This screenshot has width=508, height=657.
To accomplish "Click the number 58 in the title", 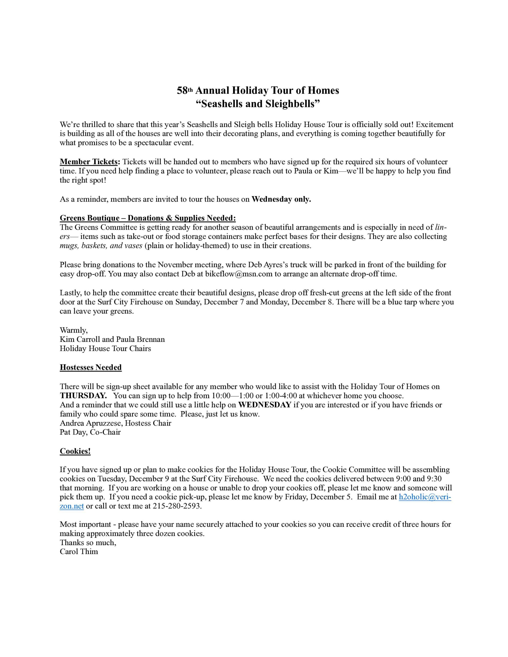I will tap(182, 91).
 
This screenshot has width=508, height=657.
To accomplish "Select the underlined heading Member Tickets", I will tap(89, 162).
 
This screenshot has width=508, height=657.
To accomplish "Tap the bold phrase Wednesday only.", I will tap(281, 199).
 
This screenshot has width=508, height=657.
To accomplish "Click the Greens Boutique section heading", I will tap(148, 218).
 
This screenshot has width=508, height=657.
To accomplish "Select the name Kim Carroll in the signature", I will tap(80, 339).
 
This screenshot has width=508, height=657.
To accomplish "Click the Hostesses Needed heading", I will tap(91, 367).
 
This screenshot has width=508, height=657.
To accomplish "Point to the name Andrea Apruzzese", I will tap(91, 423).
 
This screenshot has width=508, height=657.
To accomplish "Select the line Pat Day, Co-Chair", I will tap(90, 432).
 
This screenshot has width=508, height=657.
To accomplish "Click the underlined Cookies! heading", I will tap(75, 451).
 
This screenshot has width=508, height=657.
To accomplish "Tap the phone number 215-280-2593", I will tap(176, 506).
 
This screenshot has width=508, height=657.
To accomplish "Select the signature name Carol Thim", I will tap(79, 552).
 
